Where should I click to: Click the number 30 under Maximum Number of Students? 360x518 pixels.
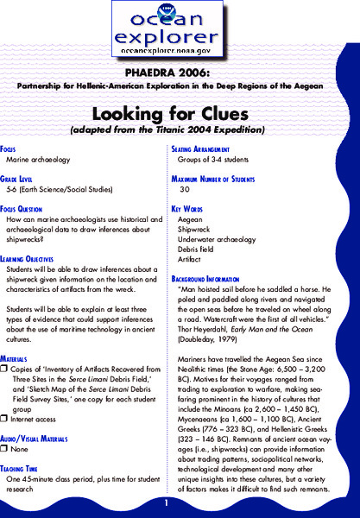184,187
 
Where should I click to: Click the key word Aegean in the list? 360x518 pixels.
191,219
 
